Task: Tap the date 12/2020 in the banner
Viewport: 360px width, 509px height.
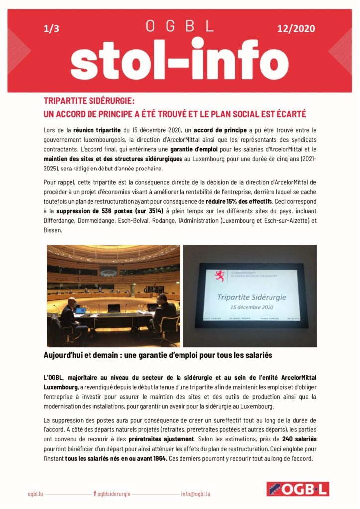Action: (x=296, y=29)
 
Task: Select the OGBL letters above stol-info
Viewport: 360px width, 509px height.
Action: (x=180, y=25)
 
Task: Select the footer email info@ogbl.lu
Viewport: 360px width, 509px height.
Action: (x=196, y=494)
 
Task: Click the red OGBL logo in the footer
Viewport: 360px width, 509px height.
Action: (x=297, y=489)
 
